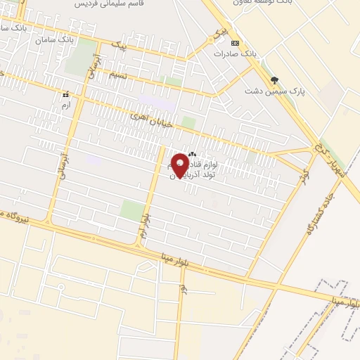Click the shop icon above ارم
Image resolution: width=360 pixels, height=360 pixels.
click(65, 94)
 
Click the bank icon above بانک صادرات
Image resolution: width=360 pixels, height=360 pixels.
click(234, 42)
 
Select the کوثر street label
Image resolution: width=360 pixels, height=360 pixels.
click(303, 175)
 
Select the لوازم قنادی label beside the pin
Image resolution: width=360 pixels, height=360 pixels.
click(216, 163)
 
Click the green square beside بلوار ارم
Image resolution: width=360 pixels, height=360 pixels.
click(131, 210)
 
